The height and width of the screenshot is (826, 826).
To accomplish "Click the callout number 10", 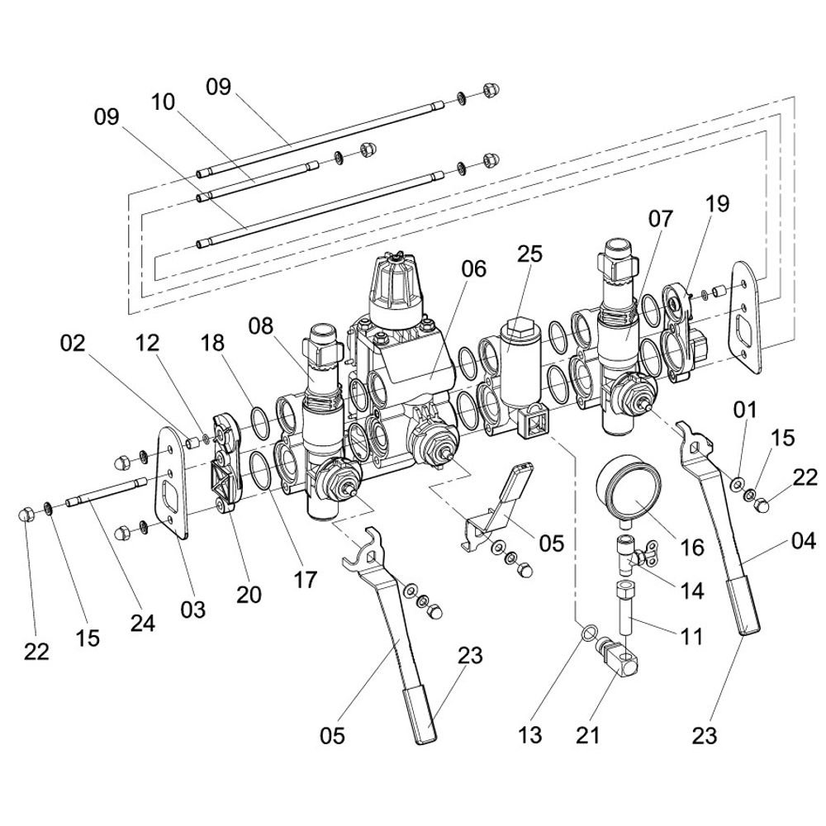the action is point(163,102).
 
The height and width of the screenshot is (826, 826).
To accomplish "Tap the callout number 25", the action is point(529,254).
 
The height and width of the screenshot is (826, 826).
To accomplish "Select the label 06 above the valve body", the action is point(473,268).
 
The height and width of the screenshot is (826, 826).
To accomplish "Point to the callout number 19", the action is point(718,204).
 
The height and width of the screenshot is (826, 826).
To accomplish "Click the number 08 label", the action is point(261,326).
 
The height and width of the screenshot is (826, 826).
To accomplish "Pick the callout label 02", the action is point(72,343).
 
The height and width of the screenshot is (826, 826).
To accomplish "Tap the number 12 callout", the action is point(147,343).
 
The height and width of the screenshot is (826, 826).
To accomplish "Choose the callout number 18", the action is point(212,343).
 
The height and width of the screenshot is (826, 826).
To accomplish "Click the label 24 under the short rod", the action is point(143,623).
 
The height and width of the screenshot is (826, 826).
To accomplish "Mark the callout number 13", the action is point(529,735).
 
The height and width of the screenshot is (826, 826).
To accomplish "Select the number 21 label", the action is point(587,735).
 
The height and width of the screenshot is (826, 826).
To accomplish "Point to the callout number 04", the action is point(804,541).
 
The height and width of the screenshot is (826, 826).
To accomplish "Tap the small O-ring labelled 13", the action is point(588,632).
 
